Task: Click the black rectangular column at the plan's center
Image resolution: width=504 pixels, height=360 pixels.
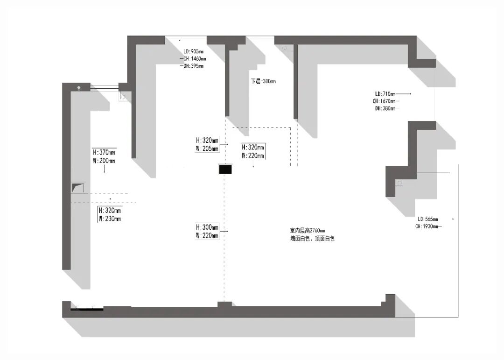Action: (225, 169)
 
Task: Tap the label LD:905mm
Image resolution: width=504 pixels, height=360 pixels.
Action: (194, 51)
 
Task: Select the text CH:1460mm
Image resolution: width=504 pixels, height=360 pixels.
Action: (194, 59)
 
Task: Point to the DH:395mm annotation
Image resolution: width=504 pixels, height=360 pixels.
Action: (193, 66)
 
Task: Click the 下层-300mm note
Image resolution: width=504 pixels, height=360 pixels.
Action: (263, 81)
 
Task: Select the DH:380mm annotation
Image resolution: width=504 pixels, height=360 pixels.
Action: (385, 109)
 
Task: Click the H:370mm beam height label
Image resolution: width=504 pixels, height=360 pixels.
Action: (104, 152)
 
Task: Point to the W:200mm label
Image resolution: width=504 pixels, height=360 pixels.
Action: (104, 161)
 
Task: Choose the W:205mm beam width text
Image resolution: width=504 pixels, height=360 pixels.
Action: (207, 149)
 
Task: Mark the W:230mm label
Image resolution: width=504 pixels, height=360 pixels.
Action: (110, 219)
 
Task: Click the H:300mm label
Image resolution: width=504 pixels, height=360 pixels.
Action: (207, 227)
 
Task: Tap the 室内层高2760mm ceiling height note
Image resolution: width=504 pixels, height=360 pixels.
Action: (307, 230)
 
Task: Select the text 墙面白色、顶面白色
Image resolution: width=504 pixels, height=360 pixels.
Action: (312, 238)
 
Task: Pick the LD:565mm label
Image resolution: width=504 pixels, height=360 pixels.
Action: (428, 219)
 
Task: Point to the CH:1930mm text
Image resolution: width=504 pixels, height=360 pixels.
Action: (428, 226)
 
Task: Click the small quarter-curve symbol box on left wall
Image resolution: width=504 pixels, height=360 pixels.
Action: (78, 188)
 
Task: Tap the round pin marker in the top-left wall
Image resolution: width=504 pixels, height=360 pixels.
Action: (79, 88)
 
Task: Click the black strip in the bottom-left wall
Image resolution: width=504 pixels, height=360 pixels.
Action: (87, 308)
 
